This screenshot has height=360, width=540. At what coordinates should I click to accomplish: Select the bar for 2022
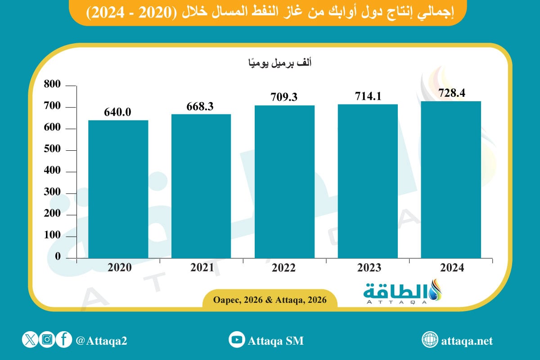tap(284, 182)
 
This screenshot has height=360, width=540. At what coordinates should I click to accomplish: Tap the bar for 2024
tap(451, 180)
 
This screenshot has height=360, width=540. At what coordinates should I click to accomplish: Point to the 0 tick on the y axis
tap(58, 256)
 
